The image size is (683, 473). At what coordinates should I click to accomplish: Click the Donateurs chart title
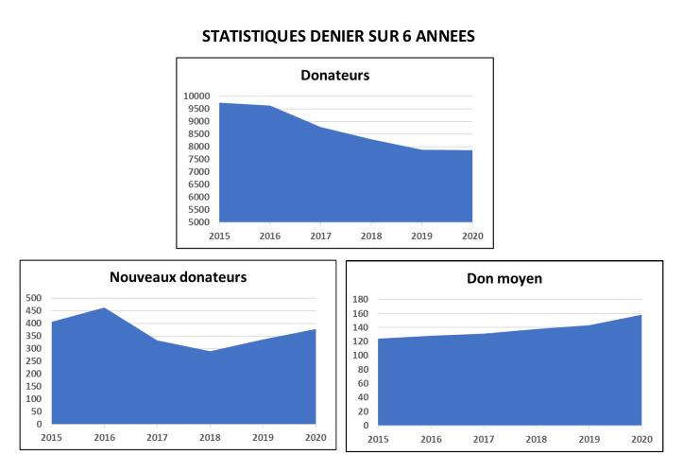coord(335,75)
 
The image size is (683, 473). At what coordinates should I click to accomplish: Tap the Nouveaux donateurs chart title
coord(179,277)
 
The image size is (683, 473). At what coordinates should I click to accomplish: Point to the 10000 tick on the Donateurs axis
coord(197,96)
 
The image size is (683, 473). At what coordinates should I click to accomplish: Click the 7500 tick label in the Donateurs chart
coord(199,159)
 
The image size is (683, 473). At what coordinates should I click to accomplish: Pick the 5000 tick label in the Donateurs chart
coord(199,222)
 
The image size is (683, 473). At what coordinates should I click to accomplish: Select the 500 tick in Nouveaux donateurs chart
coord(33,298)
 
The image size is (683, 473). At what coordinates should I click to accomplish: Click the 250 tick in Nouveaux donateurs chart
coord(33,361)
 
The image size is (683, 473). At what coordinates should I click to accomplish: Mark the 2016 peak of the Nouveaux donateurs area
coord(105,307)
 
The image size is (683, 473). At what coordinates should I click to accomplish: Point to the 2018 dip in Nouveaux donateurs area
coord(210,351)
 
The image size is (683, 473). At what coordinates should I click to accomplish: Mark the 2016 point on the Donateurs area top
coord(271,106)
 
